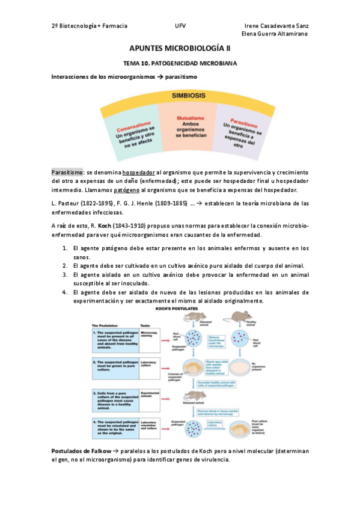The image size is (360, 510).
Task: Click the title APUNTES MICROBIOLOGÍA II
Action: (x=180, y=48)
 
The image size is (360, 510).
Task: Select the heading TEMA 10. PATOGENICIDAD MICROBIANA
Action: (x=180, y=63)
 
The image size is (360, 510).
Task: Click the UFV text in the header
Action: (x=180, y=26)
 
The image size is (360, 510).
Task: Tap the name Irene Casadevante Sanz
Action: (x=278, y=26)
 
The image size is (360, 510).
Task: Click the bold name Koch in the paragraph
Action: (x=98, y=226)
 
